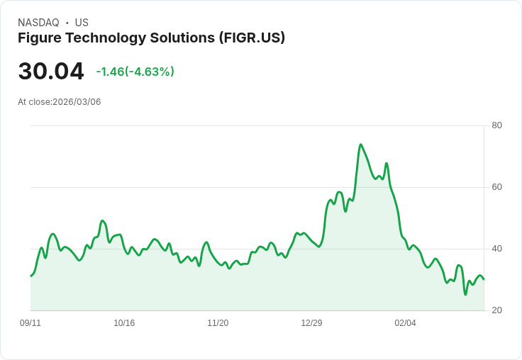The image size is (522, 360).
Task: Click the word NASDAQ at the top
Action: click(x=38, y=23)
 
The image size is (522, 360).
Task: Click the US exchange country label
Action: click(x=82, y=23)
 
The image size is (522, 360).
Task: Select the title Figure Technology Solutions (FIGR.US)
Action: click(x=151, y=38)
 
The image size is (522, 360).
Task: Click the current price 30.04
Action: click(x=51, y=71)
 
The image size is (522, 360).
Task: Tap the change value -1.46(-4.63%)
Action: click(x=135, y=72)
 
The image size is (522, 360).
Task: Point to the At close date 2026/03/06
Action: click(x=77, y=102)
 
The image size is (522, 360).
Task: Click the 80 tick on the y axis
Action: click(x=496, y=125)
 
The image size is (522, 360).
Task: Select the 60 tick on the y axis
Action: click(x=496, y=187)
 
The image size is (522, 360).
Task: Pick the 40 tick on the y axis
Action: click(x=496, y=249)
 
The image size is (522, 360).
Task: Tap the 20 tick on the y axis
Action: click(x=496, y=310)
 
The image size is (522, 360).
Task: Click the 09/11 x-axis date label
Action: click(x=30, y=323)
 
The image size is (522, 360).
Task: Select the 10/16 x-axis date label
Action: click(x=124, y=323)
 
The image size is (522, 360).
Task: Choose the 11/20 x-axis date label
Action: click(x=218, y=323)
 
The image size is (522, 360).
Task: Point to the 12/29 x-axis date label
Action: click(x=311, y=323)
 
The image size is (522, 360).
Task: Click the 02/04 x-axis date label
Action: click(x=405, y=323)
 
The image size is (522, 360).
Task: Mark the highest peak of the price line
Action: click(x=361, y=145)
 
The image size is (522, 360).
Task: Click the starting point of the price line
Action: click(x=30, y=276)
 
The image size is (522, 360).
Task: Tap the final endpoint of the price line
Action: click(x=484, y=279)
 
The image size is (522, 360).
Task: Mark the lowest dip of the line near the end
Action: click(x=465, y=294)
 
